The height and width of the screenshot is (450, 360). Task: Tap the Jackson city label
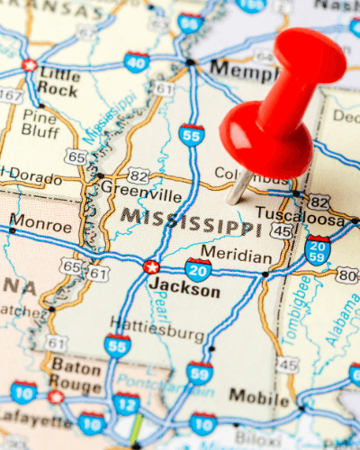point(184,291)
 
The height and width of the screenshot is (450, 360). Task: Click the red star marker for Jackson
point(151,266)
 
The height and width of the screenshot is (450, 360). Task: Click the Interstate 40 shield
point(137,62)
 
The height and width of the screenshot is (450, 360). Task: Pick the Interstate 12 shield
point(126,404)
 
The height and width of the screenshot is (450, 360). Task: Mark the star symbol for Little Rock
point(30,66)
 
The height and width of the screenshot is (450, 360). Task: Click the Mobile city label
point(258,395)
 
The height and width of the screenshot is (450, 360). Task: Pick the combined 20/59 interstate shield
point(317,248)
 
